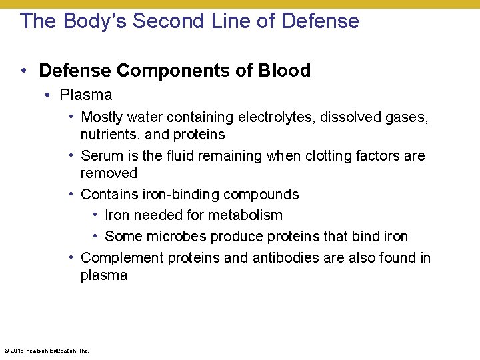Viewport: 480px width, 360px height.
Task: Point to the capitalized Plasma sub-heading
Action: coord(86,95)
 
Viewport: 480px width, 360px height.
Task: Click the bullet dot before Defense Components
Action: coord(23,71)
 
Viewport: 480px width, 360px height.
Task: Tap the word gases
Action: coord(406,117)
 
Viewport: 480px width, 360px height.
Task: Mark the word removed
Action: coord(109,173)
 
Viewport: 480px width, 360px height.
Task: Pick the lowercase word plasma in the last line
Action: coord(104,275)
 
